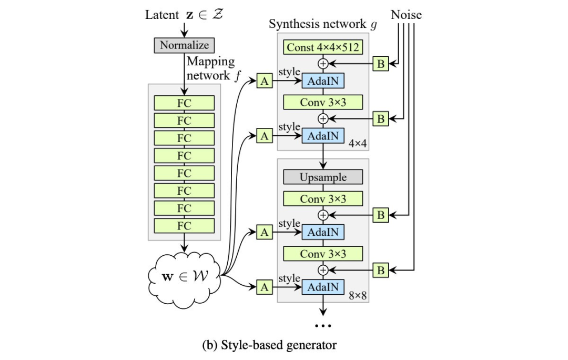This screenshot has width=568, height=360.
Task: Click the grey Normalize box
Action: click(184, 45)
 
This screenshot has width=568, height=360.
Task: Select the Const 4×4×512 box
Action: click(323, 47)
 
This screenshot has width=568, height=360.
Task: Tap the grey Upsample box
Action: click(323, 177)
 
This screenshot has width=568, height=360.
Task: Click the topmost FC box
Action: click(184, 103)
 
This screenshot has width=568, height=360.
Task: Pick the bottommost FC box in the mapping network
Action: click(184, 226)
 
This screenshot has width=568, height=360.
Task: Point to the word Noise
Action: click(406, 15)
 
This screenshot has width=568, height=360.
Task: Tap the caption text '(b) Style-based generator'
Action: click(269, 345)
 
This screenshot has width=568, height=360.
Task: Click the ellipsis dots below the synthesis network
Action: click(323, 326)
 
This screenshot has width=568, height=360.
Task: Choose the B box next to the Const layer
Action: click(381, 64)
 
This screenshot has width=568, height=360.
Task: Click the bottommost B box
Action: click(381, 271)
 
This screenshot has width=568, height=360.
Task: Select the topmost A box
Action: click(265, 81)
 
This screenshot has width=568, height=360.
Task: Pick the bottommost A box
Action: click(265, 287)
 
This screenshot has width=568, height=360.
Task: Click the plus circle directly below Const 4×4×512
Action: click(323, 64)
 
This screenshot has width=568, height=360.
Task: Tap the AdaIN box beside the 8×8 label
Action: click(323, 287)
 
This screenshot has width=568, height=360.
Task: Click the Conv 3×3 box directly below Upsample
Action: click(323, 199)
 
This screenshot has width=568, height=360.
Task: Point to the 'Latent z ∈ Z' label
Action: click(184, 15)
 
